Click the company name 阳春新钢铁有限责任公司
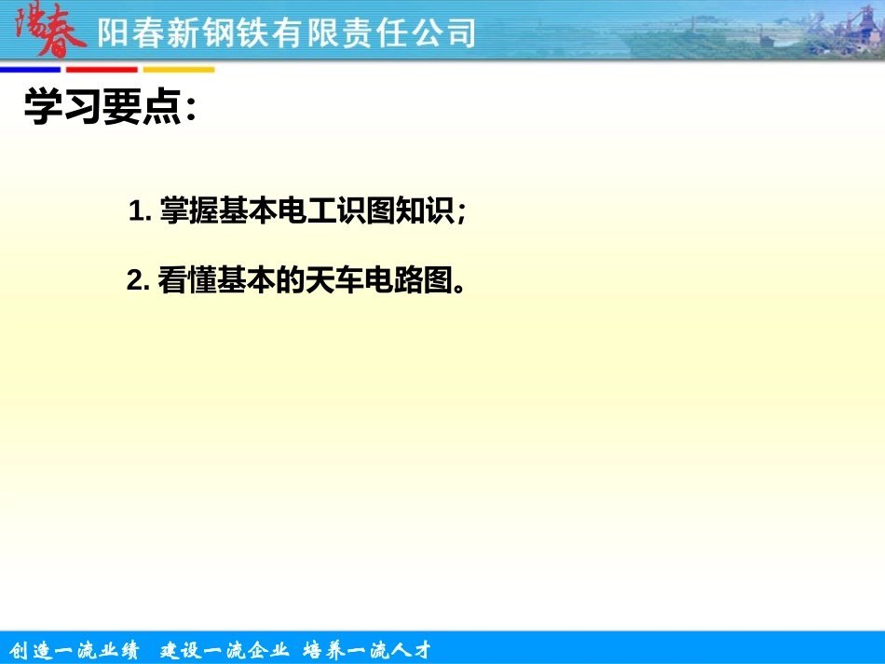click(287, 34)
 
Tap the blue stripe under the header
click(30, 70)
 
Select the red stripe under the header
click(102, 70)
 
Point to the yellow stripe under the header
click(178, 70)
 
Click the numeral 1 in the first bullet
click(137, 211)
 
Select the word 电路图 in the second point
click(409, 281)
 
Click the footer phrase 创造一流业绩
click(74, 649)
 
